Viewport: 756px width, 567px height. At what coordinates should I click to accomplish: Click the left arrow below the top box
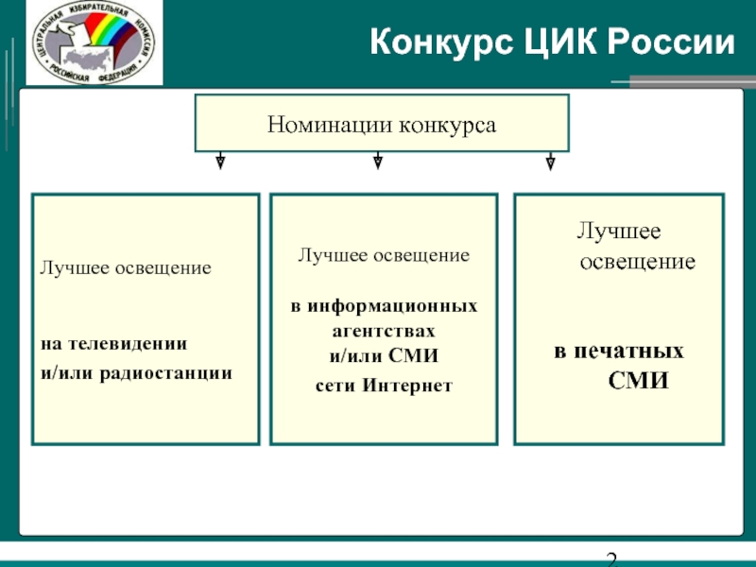tap(220, 161)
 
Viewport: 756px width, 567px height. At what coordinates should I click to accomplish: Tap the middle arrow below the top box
tap(377, 161)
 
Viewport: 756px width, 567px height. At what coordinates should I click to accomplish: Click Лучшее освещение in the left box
tap(124, 268)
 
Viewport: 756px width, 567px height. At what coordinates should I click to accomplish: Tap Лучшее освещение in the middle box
tap(384, 255)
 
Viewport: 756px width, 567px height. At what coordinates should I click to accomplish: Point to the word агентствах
tap(384, 333)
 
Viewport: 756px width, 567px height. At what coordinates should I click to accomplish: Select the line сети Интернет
tap(384, 386)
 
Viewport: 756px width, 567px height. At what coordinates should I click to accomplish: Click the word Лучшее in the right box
tap(619, 231)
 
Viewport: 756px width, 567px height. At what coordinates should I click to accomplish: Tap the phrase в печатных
tap(618, 352)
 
